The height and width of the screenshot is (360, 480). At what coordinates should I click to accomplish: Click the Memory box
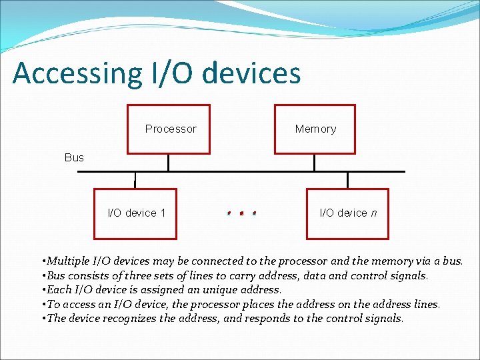(316, 129)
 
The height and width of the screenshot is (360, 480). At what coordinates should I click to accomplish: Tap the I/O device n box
(347, 213)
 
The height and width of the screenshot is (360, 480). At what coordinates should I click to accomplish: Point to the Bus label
(74, 157)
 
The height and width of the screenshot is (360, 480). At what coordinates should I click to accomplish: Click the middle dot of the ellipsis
(241, 213)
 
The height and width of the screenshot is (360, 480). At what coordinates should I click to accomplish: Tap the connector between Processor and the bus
(169, 163)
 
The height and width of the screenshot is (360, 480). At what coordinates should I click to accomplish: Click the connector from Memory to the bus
(316, 163)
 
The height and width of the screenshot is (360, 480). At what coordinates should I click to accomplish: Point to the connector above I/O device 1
(135, 180)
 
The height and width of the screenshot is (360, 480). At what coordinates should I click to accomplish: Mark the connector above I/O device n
(347, 180)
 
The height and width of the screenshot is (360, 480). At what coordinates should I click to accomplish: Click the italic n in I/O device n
(373, 213)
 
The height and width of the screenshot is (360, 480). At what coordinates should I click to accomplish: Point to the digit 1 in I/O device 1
(163, 213)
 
